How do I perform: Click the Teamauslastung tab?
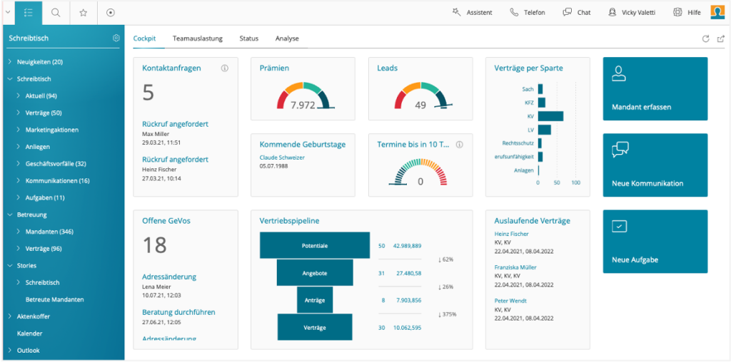(x=198, y=38)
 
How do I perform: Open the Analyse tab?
(x=287, y=38)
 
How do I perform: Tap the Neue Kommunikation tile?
(x=655, y=165)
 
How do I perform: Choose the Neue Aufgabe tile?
(x=655, y=241)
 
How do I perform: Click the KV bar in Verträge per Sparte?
(x=550, y=116)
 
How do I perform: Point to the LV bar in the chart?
(x=544, y=130)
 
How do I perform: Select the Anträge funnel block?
(x=315, y=300)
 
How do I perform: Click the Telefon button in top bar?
(x=528, y=12)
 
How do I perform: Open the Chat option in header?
(x=577, y=12)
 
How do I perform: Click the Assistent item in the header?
(x=472, y=12)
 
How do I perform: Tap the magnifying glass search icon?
(x=56, y=12)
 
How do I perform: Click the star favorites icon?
(x=84, y=12)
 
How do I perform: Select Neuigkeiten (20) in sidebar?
(x=40, y=62)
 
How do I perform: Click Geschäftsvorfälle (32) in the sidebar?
(x=56, y=164)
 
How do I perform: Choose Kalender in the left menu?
(x=29, y=333)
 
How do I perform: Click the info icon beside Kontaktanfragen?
(x=224, y=68)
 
